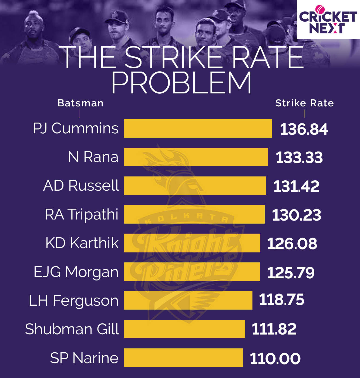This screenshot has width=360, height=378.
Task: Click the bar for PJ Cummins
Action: click(x=198, y=129)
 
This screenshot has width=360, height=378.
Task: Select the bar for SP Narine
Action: click(x=183, y=357)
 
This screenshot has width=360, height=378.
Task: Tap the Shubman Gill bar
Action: click(x=184, y=329)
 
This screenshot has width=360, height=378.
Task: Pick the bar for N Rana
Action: click(x=196, y=157)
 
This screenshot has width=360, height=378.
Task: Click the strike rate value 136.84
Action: click(x=304, y=129)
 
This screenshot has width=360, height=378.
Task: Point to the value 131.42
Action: click(x=296, y=186)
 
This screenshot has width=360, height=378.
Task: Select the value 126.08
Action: click(x=292, y=244)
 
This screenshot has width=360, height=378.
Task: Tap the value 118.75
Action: click(x=281, y=300)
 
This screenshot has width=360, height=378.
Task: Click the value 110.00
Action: click(x=275, y=359)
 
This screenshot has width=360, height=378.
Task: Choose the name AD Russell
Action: click(x=81, y=185)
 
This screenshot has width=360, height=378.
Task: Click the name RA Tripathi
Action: click(x=82, y=214)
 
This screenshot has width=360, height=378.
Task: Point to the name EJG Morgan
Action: click(x=76, y=272)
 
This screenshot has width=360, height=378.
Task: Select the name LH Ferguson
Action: click(x=73, y=301)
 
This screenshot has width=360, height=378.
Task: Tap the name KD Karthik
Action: click(x=82, y=243)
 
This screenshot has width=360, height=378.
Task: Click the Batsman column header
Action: click(x=80, y=103)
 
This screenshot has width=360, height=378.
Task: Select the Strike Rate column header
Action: click(x=304, y=103)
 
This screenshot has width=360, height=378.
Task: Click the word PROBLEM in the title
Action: click(x=181, y=83)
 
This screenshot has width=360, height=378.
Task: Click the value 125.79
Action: click(x=291, y=273)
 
